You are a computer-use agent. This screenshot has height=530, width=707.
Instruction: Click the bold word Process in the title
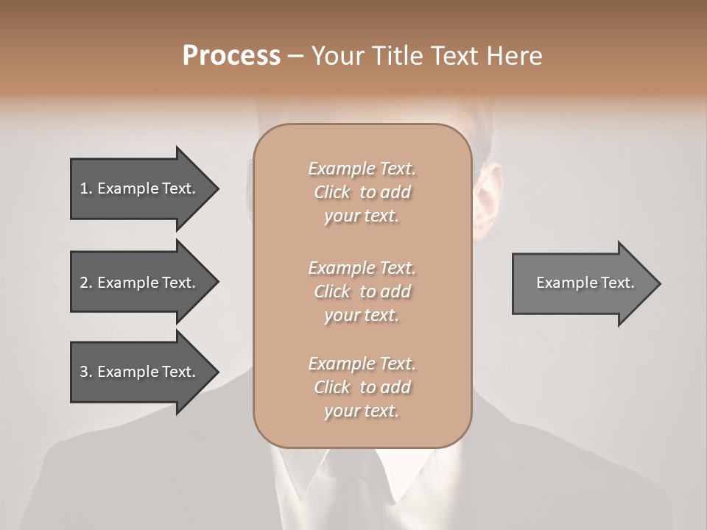(231, 56)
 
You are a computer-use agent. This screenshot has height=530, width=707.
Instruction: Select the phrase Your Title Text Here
(426, 56)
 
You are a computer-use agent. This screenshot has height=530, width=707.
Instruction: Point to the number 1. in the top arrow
(85, 188)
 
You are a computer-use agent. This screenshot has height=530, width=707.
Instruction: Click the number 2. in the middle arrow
(85, 283)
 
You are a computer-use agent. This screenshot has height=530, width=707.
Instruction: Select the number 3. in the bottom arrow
(85, 372)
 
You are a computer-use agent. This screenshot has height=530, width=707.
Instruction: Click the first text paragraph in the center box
(362, 192)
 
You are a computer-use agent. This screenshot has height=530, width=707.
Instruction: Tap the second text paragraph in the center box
(362, 291)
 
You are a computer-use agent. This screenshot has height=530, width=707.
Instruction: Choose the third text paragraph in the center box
(362, 387)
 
